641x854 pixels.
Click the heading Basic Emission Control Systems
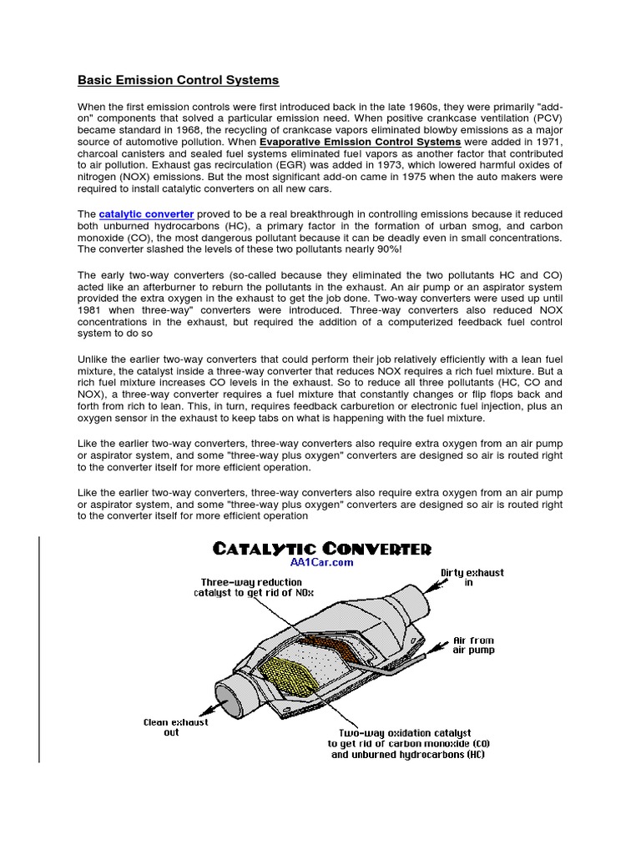point(178,81)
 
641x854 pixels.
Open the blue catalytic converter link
point(146,214)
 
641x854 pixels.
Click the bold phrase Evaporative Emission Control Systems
point(376,143)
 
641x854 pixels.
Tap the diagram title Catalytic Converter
point(321,548)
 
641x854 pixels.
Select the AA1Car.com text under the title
point(321,563)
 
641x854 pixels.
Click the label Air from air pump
point(473,646)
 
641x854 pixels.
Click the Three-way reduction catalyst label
point(242,587)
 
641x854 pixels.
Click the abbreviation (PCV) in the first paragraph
point(545,119)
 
